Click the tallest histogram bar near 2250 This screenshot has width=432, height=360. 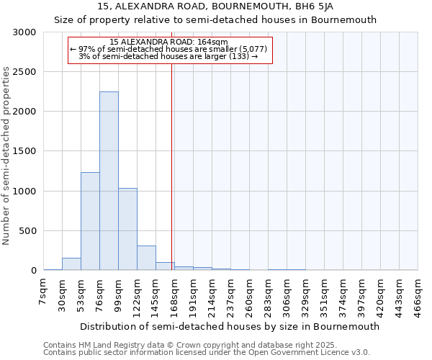[x=109, y=181]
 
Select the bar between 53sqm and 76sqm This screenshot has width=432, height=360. [x=90, y=221]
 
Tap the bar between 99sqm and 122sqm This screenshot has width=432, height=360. [x=127, y=229]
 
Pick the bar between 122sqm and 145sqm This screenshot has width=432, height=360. [x=146, y=258]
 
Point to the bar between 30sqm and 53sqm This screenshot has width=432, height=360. [x=71, y=264]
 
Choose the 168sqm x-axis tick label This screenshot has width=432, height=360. [x=175, y=294]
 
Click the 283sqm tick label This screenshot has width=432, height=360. [x=269, y=294]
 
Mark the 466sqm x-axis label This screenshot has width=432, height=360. [x=418, y=294]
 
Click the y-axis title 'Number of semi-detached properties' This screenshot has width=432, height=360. [x=7, y=156]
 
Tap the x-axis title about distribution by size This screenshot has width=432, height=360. [x=230, y=326]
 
